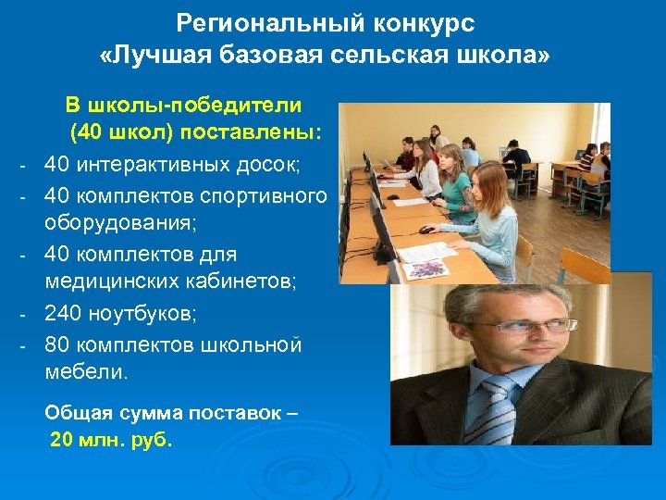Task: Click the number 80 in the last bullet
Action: click(x=56, y=344)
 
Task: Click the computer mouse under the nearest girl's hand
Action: click(x=425, y=230)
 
